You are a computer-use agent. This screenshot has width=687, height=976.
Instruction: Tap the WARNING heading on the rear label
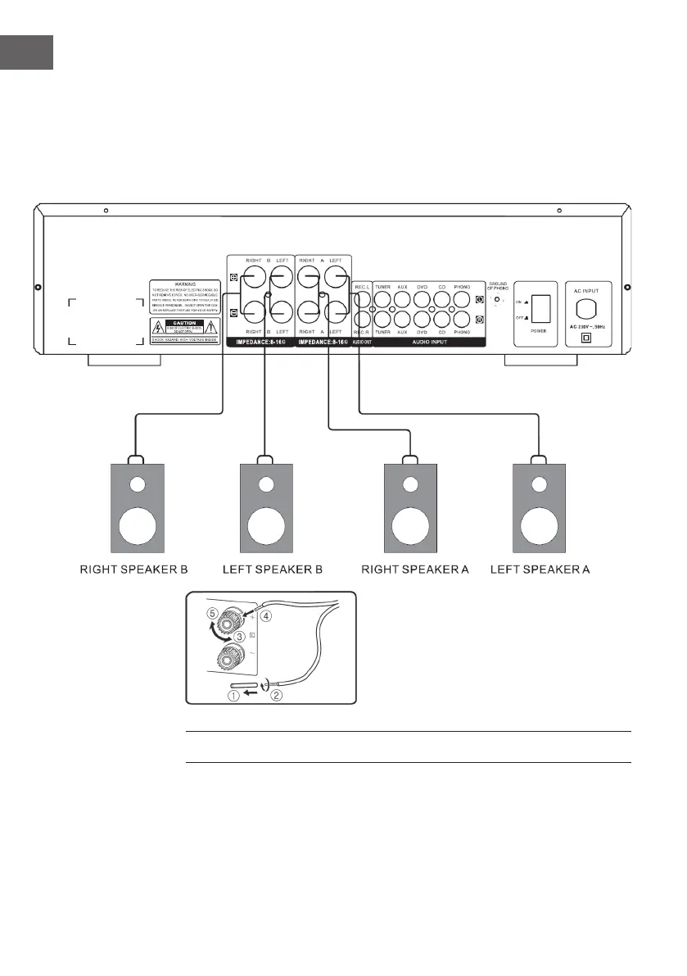coord(173,284)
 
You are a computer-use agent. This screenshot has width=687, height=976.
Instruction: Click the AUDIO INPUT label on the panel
coord(428,341)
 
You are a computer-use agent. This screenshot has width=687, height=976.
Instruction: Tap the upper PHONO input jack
coord(462,300)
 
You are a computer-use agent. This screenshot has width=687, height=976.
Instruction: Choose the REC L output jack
coord(364,299)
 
